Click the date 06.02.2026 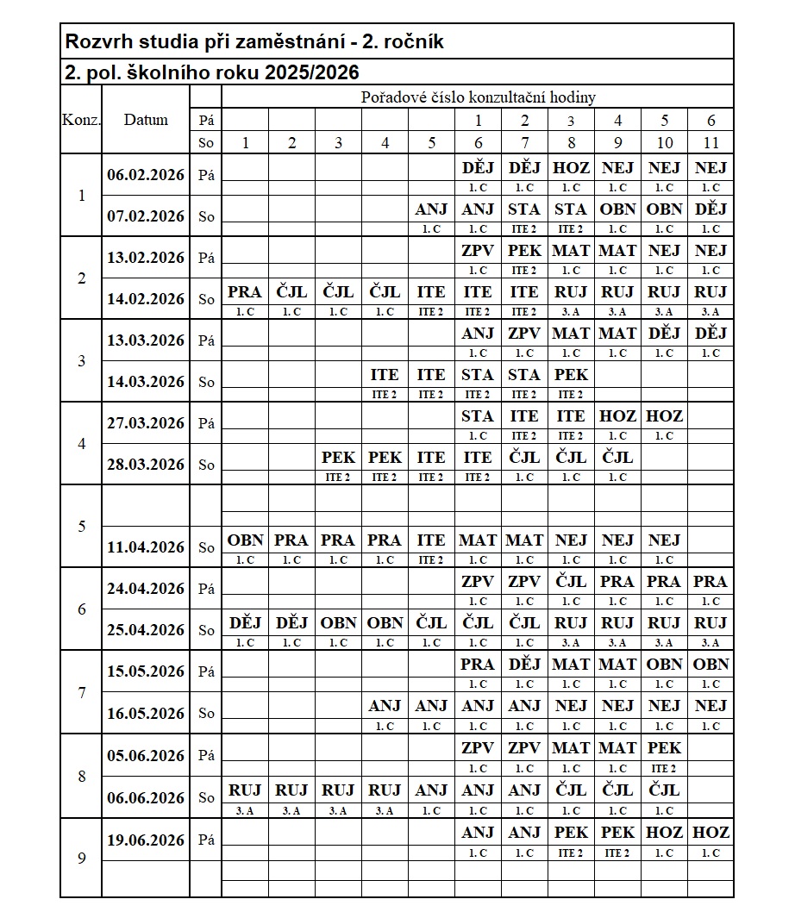pos(146,175)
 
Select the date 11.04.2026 pos(146,547)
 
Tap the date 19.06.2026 pos(146,840)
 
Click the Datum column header pos(146,120)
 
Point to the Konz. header pos(81,120)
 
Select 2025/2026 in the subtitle pos(312,72)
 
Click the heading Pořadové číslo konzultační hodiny pos(478,97)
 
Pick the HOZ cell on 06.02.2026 pos(571,167)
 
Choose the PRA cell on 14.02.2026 pos(245,292)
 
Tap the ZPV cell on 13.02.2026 pos(478,251)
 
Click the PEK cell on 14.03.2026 pos(571,375)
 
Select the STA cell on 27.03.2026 pos(478,416)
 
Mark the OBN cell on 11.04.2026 pos(245,540)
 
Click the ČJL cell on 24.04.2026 pos(571,582)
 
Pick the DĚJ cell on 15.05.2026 pos(524,665)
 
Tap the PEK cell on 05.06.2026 pos(664,747)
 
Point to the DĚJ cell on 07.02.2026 pos(710,209)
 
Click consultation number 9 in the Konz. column pos(81,859)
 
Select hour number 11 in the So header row pos(710,143)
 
